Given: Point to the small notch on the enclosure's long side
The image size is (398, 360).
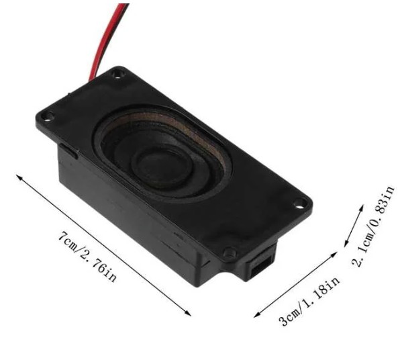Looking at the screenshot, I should (x=71, y=149).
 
